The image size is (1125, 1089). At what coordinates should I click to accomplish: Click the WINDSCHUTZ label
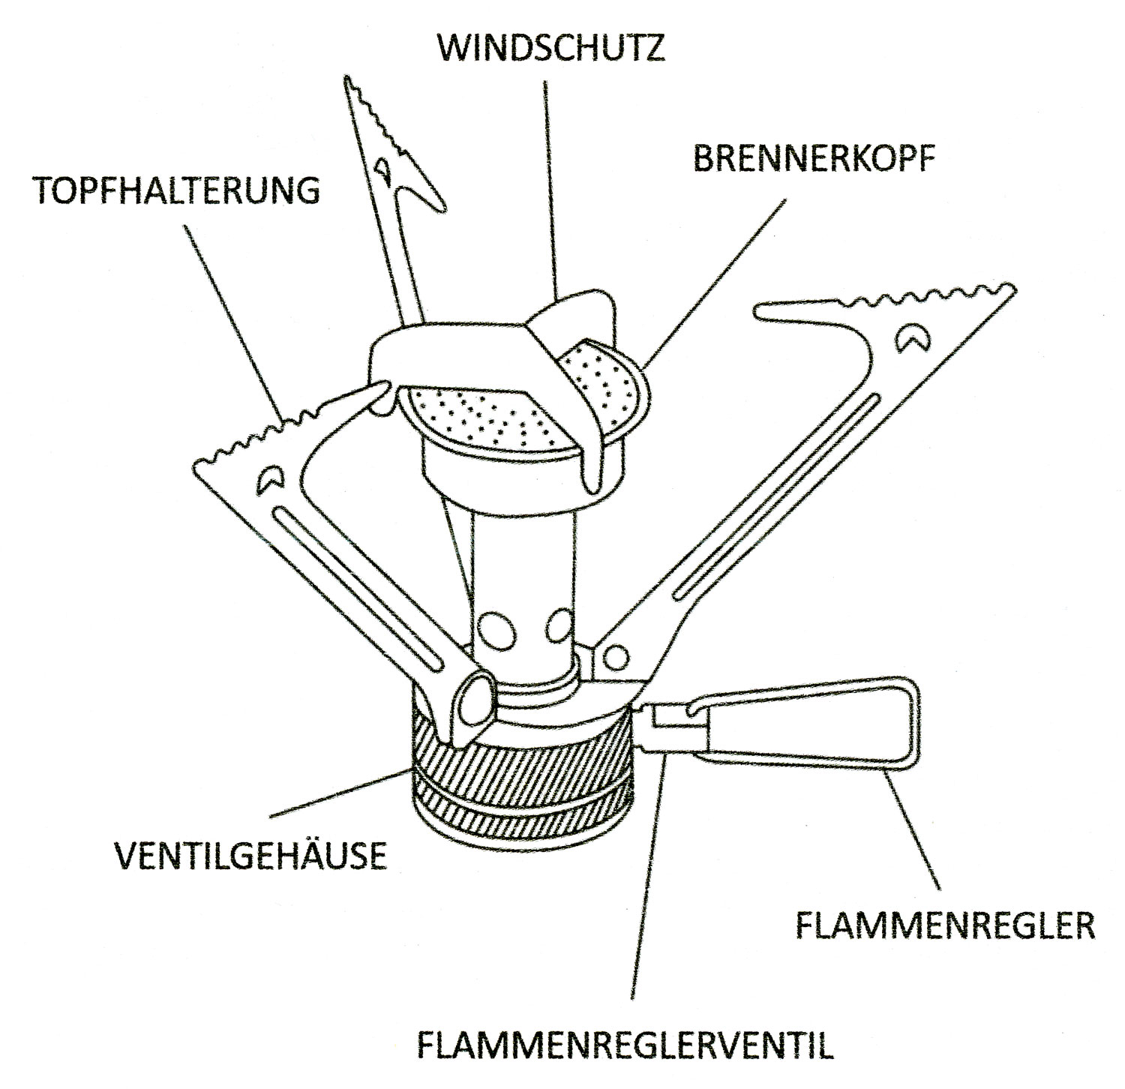coord(551,48)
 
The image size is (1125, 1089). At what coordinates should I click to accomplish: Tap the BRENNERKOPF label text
coord(814,160)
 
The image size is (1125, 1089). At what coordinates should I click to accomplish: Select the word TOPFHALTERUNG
coord(178,190)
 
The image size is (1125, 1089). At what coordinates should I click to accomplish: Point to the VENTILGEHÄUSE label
coord(250,855)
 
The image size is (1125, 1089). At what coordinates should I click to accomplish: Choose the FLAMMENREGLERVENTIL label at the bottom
coord(625,1043)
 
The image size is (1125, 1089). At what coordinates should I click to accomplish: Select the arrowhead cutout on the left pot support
coord(268,478)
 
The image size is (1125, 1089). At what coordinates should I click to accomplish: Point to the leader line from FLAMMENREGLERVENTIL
coord(646,877)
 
